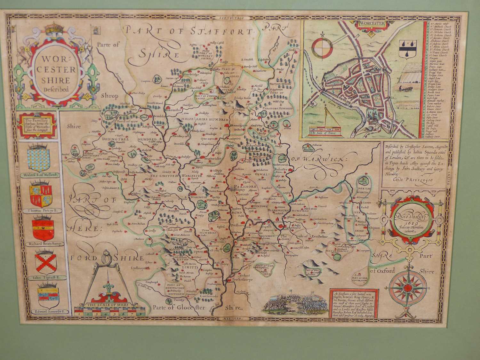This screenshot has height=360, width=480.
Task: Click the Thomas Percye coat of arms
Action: (40, 195)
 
